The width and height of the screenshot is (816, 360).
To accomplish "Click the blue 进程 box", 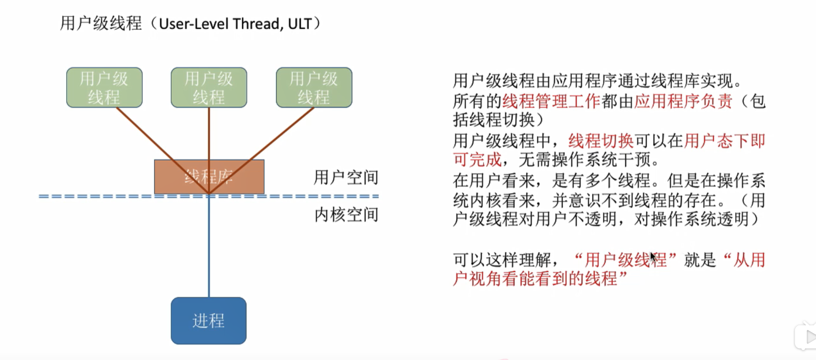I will tap(209, 320).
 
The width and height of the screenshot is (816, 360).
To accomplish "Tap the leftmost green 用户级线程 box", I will tap(104, 88).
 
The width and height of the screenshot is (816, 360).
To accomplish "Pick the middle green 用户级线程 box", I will tap(209, 88).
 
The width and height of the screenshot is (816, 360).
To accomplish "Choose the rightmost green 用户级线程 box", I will tap(314, 88).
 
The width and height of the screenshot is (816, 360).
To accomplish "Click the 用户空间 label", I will tap(346, 177).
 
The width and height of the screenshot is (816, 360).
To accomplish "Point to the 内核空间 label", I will tap(346, 214).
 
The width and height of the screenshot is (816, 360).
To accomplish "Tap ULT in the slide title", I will tap(299, 24).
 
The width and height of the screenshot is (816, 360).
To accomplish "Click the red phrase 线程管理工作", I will tap(551, 101).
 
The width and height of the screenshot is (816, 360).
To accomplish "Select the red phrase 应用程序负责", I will tap(683, 101).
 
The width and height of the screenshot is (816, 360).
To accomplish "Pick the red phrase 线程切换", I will tap(601, 141).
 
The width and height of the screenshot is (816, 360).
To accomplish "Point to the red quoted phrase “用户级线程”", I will tap(625, 260).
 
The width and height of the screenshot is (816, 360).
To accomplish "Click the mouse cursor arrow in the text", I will tap(653, 257).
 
